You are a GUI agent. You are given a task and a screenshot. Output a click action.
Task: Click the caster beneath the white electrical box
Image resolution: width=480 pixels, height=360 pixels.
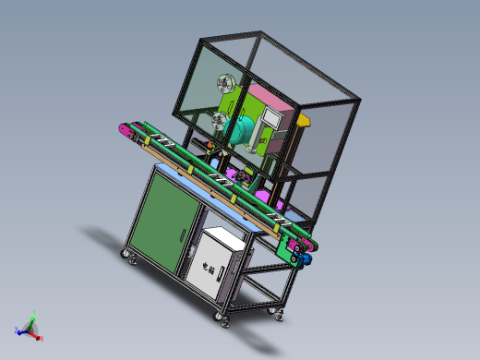222,317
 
